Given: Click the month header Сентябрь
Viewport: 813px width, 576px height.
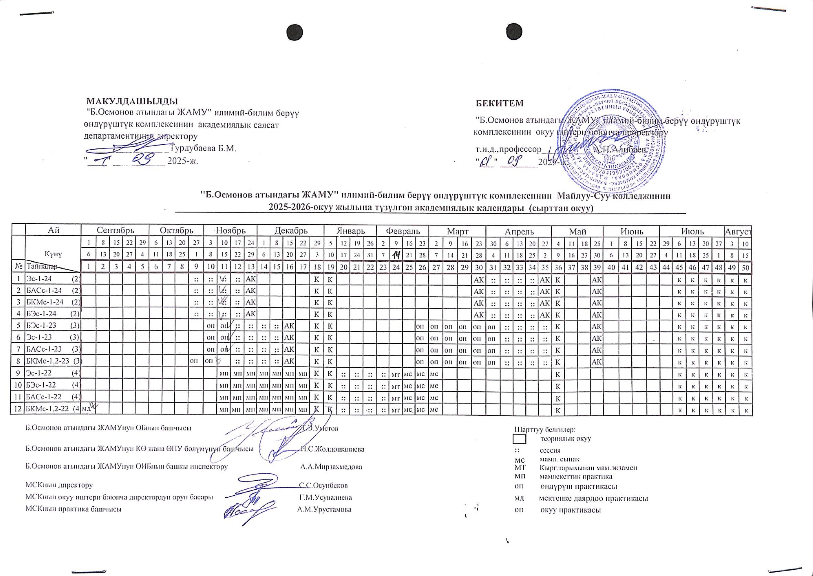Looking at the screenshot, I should click(x=115, y=231).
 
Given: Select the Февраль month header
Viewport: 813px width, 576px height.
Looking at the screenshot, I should click(x=403, y=231).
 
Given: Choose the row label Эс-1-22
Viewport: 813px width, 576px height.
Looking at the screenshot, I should click(x=39, y=373).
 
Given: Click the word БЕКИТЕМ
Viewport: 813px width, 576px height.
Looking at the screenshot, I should click(x=500, y=103).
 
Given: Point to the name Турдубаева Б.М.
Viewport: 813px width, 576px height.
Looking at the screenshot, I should click(x=204, y=148).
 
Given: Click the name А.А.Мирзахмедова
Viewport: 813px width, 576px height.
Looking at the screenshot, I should click(x=331, y=467).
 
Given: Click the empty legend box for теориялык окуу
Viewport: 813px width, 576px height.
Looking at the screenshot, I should click(x=519, y=439).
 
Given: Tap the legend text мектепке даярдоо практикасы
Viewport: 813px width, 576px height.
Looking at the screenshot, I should click(x=593, y=498).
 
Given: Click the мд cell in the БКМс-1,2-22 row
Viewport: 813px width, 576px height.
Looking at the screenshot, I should click(x=86, y=409).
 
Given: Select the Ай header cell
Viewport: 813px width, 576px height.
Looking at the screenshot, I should click(x=54, y=231).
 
